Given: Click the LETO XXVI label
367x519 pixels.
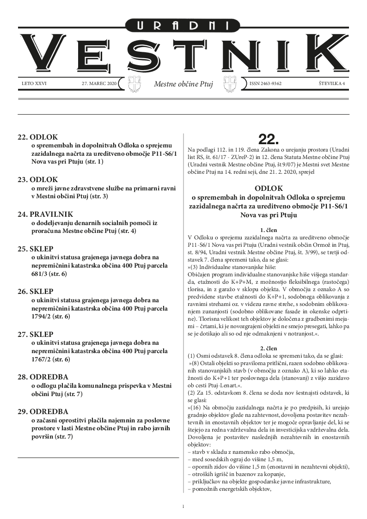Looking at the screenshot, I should coord(34,84).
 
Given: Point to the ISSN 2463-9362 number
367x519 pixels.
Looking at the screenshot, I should coord(265,84).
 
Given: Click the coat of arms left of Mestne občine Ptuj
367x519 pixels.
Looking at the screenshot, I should coord(134,84).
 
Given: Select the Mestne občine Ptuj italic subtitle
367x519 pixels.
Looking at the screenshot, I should coord(183,85).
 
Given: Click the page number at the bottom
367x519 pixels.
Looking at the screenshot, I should coord(183,507).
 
